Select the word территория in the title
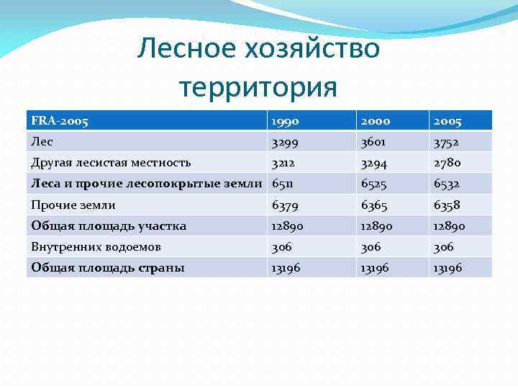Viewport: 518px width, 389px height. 258,87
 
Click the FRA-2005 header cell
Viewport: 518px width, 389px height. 60,121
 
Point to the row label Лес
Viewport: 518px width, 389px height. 42,142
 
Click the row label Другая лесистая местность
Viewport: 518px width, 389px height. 111,163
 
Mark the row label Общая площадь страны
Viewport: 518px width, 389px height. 108,268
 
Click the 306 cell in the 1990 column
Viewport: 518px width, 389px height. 281,247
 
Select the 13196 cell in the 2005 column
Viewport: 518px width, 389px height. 449,268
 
